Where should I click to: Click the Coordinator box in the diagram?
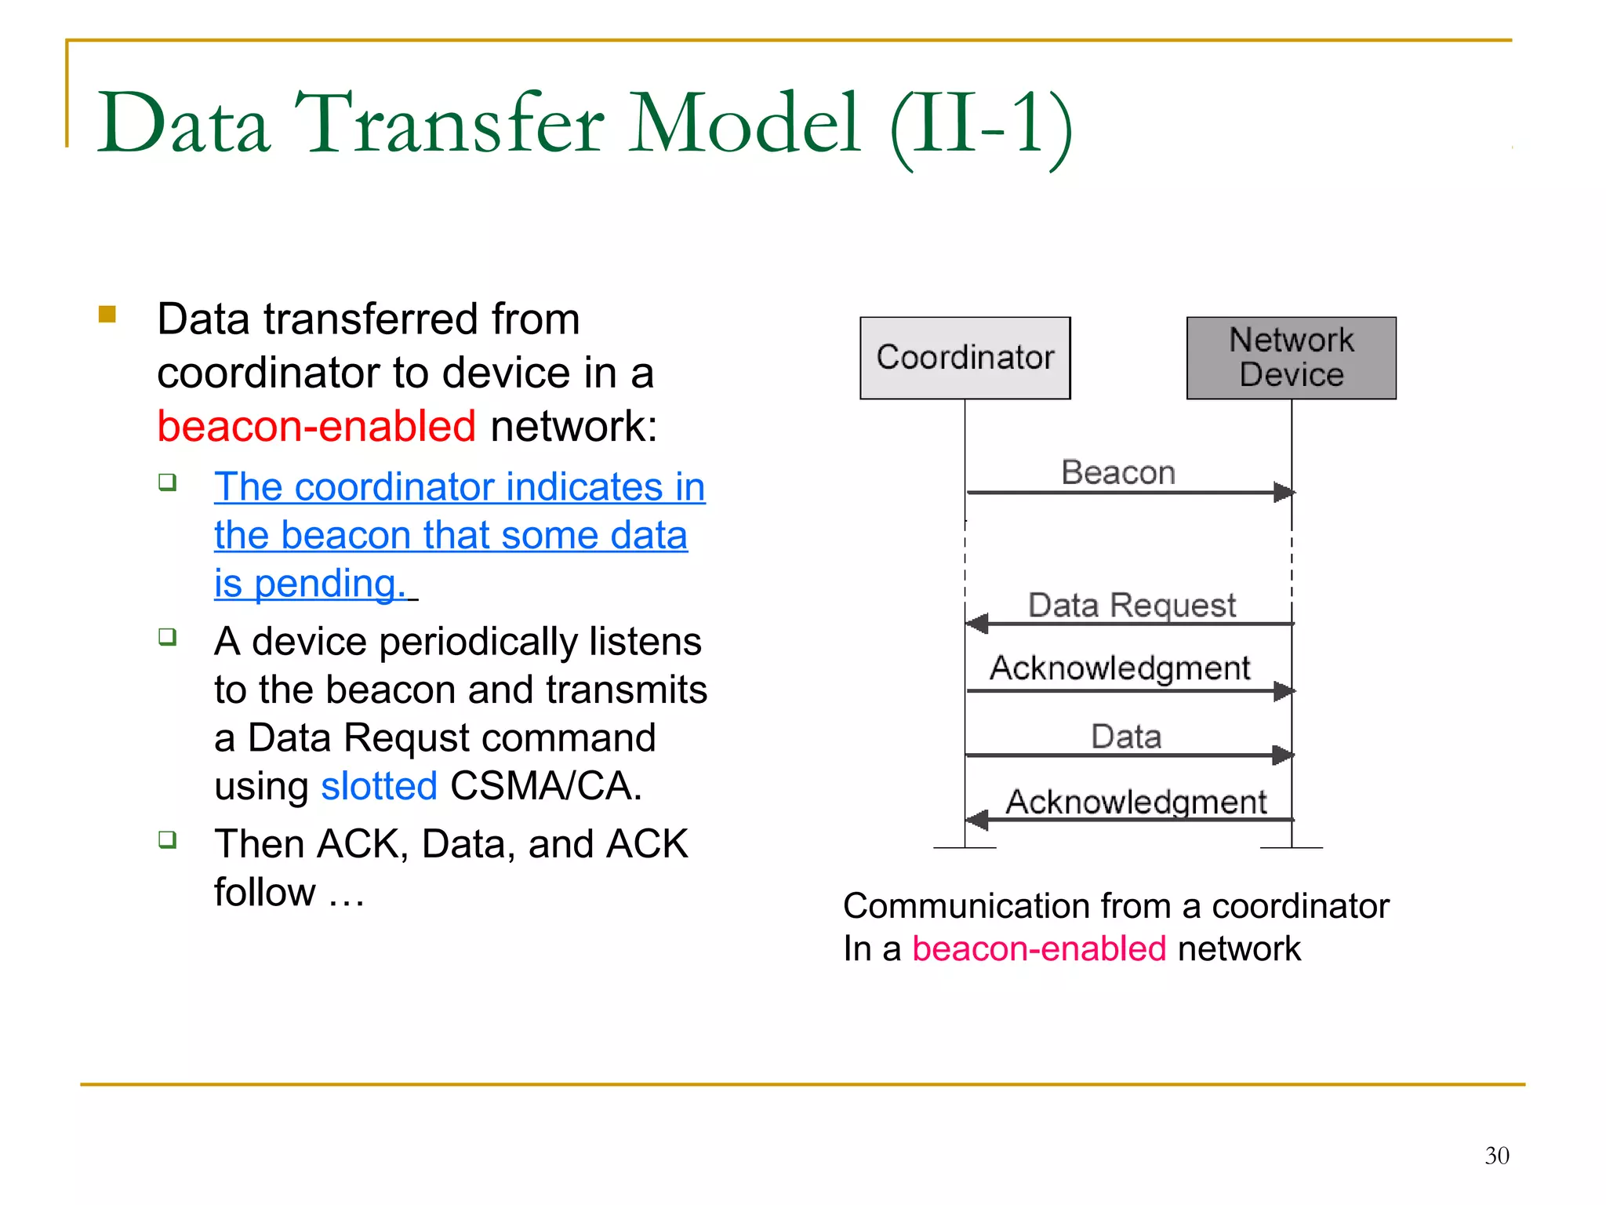[x=965, y=358]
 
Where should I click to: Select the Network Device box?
[x=1291, y=358]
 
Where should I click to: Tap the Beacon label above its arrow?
[x=1117, y=472]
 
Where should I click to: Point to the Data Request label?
[x=1131, y=605]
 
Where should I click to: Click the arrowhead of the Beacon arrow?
[x=1284, y=493]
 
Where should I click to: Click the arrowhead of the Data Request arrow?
[x=976, y=624]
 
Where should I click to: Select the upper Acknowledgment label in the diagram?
[x=1119, y=668]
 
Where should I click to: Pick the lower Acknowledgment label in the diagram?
[x=1135, y=802]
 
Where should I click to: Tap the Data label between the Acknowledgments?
[x=1126, y=737]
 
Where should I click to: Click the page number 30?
[x=1496, y=1156]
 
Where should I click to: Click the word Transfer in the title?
[x=449, y=123]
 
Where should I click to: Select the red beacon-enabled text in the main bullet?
[x=316, y=426]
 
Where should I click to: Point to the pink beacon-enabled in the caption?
[x=1038, y=948]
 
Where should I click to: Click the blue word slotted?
[x=379, y=786]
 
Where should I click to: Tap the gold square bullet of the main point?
[x=107, y=315]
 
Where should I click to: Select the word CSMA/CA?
[x=546, y=786]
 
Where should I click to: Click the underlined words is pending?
[x=311, y=584]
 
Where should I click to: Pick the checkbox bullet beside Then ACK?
[x=167, y=840]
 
